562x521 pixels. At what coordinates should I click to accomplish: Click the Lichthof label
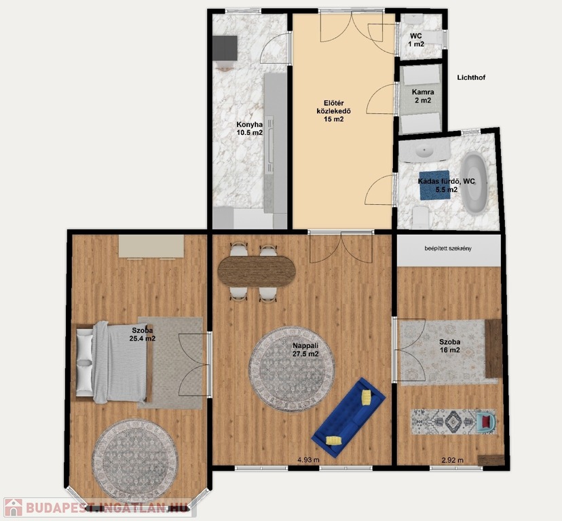pos(471,77)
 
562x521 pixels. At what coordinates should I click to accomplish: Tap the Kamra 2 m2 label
pos(423,96)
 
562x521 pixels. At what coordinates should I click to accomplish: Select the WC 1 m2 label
pos(416,40)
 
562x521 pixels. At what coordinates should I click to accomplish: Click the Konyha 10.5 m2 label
pos(250,129)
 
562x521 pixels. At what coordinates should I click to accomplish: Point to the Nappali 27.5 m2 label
pos(305,350)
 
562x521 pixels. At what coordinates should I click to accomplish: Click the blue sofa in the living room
pos(348,417)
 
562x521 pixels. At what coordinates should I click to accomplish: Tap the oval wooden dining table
pos(257,271)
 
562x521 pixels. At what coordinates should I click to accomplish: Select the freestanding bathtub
pos(474,183)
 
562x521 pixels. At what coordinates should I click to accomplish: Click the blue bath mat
pos(434,185)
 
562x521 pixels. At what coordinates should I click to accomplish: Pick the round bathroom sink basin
pos(426,151)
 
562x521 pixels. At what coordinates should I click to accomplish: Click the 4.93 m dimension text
pos(309,460)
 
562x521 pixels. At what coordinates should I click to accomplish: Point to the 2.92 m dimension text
pos(453,460)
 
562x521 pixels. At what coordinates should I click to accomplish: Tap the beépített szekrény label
pos(448,248)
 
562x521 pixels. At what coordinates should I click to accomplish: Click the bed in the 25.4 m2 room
pos(114,361)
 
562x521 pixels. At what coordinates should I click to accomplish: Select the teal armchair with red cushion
pos(487,421)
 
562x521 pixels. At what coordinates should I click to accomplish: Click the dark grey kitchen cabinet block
pos(225,47)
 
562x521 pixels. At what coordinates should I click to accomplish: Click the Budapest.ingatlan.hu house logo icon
pos(14,507)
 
